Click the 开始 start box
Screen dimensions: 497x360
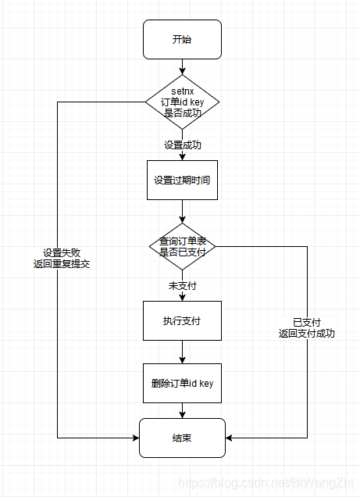pos(182,39)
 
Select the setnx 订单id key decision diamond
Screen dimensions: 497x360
pos(182,102)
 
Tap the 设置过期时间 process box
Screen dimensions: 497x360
pos(182,180)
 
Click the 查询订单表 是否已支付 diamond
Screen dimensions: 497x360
pos(182,246)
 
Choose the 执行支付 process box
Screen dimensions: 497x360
pos(182,320)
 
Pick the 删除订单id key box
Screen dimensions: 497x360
pos(182,383)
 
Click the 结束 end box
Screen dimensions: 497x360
pos(182,438)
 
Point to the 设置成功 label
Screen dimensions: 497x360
pos(182,145)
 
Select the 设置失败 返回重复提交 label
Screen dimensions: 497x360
pos(66,258)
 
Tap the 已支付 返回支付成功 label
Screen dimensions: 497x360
pos(306,327)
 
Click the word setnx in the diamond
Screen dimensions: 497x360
pos(182,91)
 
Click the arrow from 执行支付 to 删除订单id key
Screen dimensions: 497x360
pos(182,352)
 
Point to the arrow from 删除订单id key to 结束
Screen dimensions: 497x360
pos(182,410)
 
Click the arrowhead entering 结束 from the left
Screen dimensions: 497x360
pos(135,438)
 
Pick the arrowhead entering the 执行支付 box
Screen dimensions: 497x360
pos(182,297)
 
